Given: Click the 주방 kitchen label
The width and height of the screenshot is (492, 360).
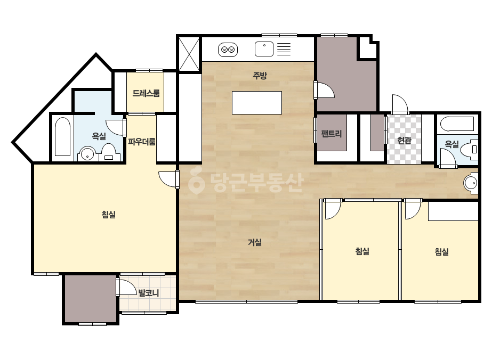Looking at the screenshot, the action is [x=260, y=75].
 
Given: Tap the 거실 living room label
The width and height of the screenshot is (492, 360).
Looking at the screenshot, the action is [x=254, y=242].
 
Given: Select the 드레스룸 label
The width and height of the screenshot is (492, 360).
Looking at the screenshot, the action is [x=146, y=93].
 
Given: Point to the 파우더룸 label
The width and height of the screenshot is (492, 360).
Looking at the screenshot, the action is [x=142, y=142].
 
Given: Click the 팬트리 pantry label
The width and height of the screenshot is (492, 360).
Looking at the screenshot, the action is [x=332, y=134].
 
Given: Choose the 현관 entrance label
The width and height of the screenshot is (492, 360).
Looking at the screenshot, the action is [x=404, y=141].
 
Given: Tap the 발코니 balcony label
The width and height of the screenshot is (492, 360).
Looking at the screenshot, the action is [x=149, y=293].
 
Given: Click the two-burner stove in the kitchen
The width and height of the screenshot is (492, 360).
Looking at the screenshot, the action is [x=228, y=50].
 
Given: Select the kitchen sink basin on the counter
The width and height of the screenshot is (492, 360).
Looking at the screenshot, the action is [x=264, y=49].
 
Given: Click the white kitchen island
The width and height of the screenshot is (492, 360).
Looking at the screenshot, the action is [x=257, y=103].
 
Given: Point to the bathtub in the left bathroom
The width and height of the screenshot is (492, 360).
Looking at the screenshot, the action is [x=62, y=137].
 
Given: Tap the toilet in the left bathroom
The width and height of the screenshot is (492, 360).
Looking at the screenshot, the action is [x=109, y=153].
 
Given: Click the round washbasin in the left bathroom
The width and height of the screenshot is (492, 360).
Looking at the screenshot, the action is [x=87, y=154].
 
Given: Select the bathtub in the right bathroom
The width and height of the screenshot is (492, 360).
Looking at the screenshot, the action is [x=457, y=124].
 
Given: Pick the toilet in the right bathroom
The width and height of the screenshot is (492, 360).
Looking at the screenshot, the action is [x=470, y=149].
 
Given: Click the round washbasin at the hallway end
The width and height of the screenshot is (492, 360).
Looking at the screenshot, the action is [x=471, y=183].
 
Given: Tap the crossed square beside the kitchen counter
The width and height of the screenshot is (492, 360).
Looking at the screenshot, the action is [x=189, y=54].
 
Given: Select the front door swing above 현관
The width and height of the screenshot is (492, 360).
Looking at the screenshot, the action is [x=400, y=104].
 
